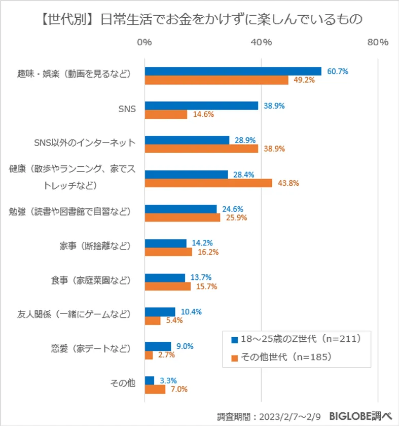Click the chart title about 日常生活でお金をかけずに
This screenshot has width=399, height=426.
pos(199,19)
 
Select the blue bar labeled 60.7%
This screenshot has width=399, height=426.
pos(233,72)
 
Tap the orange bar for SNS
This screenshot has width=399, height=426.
pos(166,115)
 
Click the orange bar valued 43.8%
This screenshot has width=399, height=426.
pos(208,183)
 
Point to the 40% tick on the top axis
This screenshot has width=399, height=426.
pos(262,43)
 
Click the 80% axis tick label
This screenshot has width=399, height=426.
pos(378,43)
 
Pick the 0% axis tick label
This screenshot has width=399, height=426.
pos(145,43)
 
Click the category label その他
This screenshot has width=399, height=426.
pos(123,383)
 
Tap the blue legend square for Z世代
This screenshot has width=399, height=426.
pos(234,339)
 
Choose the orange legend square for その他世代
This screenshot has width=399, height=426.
pos(234,358)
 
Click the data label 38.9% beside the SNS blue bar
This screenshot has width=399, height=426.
pos(274,106)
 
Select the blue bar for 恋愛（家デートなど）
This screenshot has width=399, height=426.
pos(158,346)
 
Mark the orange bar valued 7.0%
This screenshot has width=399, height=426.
pos(155,389)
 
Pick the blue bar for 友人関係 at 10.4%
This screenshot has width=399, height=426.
pos(160,312)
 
